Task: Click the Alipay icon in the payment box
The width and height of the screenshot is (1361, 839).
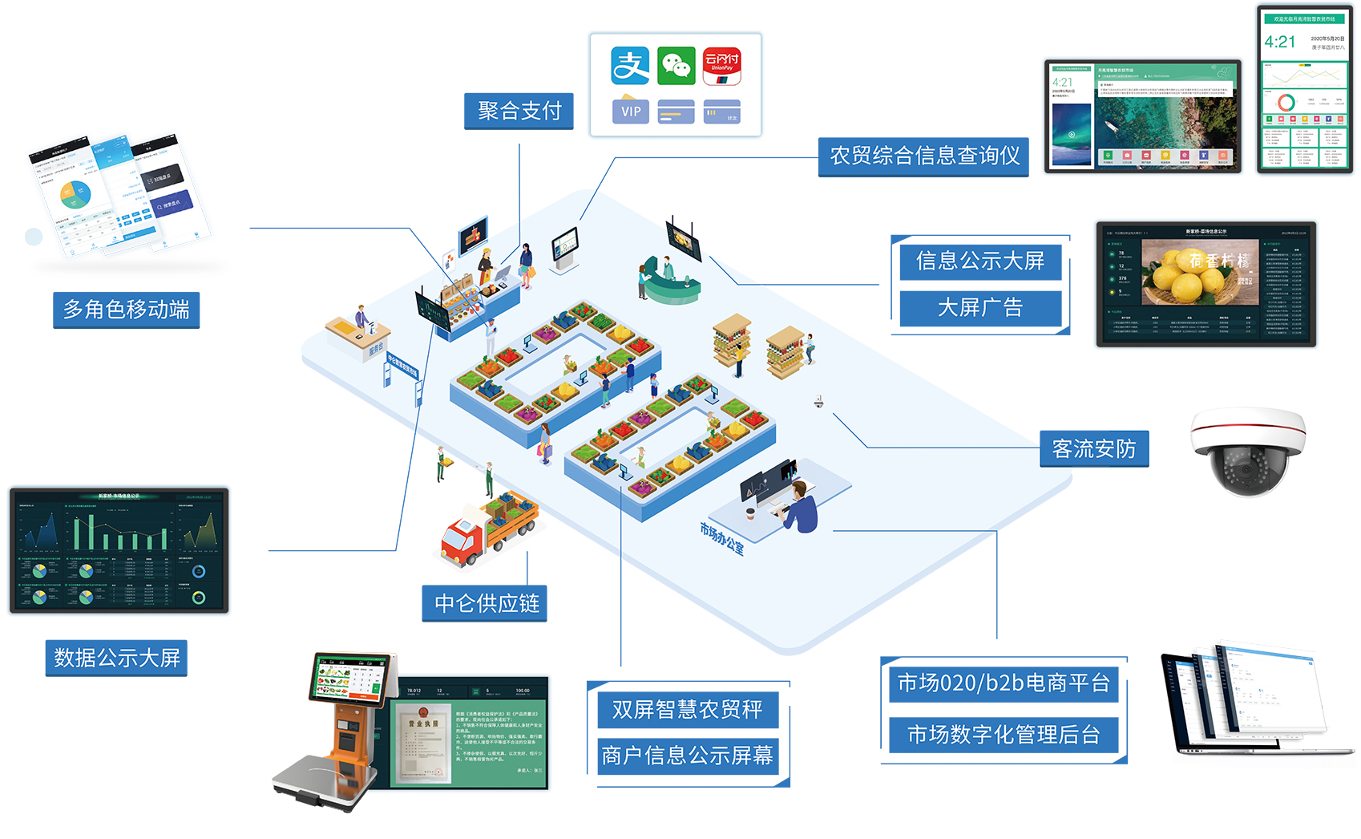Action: point(630,66)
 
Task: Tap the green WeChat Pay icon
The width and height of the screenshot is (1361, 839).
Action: point(676,66)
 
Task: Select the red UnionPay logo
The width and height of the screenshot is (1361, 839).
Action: point(721,66)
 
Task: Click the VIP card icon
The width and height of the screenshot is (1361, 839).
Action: point(631,111)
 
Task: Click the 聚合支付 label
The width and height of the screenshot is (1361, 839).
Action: point(519,111)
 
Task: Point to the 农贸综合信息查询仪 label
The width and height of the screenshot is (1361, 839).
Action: point(923,156)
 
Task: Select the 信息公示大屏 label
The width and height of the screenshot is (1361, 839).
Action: point(979,261)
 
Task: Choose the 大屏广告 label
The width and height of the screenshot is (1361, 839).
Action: point(979,308)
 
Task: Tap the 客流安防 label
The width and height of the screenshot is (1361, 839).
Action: point(1093,449)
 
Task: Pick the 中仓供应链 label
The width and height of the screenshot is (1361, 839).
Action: point(486,603)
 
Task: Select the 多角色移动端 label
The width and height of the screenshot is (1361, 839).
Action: point(126,310)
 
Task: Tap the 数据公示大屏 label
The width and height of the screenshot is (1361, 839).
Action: point(116,659)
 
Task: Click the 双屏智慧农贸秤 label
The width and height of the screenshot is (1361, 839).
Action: point(687,709)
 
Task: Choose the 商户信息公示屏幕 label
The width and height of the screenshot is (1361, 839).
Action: point(687,756)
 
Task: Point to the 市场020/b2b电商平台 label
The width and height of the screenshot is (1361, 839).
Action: point(1003,683)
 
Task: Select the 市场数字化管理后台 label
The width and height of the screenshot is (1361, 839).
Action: point(1003,735)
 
